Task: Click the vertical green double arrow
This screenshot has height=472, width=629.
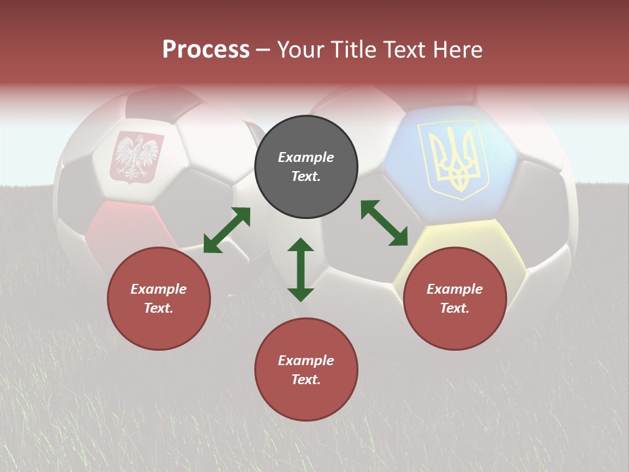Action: (301, 269)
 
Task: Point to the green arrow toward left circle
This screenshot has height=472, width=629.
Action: (227, 230)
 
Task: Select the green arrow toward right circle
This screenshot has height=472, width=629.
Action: (384, 224)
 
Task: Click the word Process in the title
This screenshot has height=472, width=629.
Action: (206, 49)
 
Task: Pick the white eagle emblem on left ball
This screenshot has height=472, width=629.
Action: (137, 157)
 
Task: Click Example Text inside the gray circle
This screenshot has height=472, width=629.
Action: (306, 167)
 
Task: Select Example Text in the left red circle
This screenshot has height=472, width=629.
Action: (159, 298)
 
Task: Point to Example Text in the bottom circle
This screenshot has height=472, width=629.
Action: (306, 370)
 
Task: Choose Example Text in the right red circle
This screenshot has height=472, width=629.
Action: (455, 298)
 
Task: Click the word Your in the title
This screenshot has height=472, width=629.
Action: (300, 49)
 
